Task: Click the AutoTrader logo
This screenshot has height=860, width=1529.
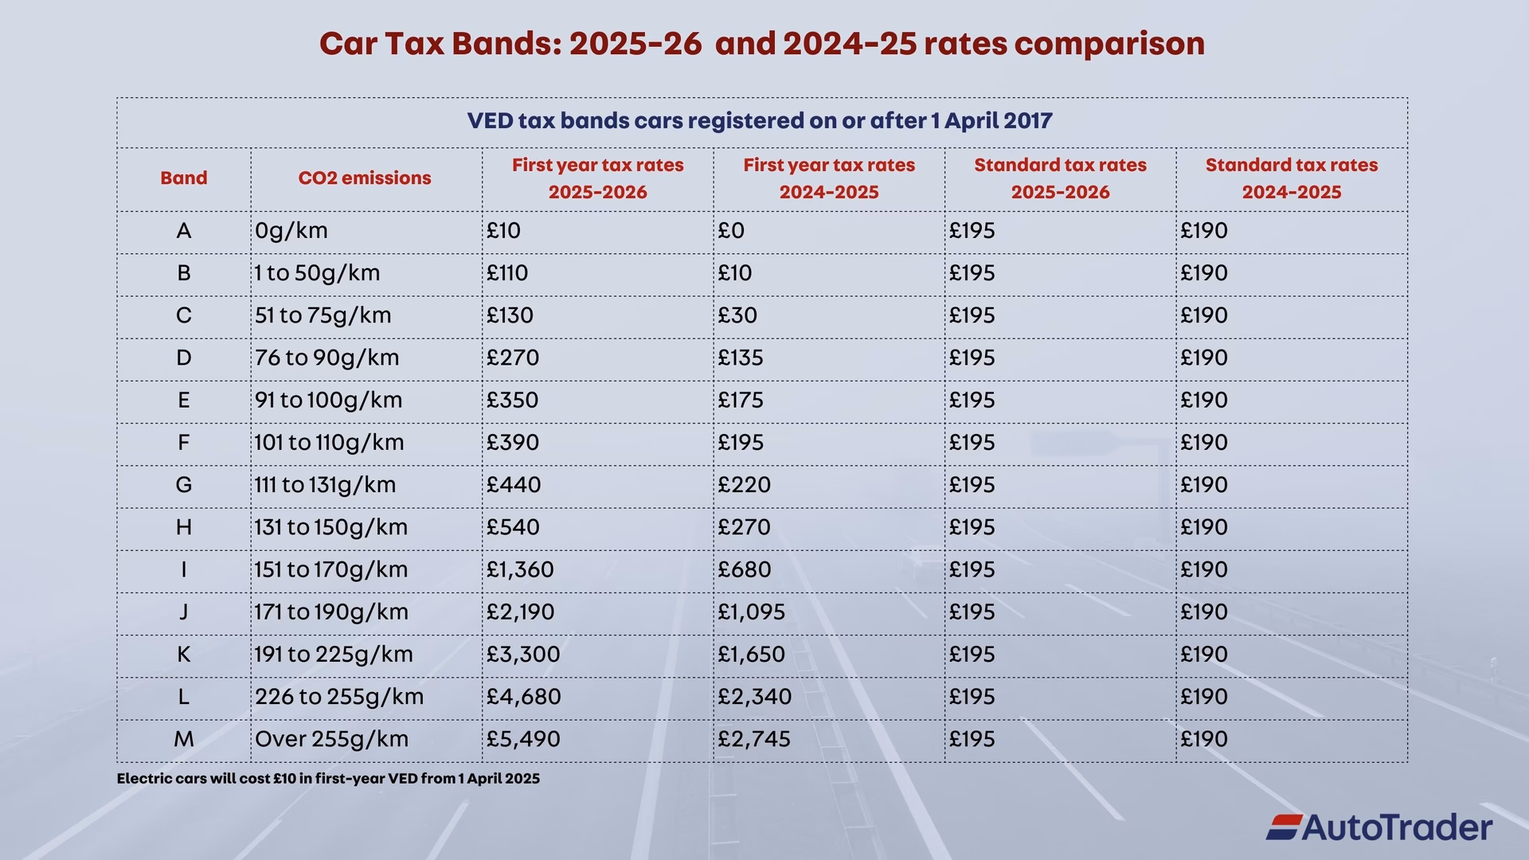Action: [x=1378, y=827]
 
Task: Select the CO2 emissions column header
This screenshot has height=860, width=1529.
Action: [x=365, y=178]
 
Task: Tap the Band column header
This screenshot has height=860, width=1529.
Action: [x=183, y=178]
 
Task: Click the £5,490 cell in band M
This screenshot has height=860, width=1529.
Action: [x=523, y=739]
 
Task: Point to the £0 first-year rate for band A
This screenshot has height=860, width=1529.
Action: [x=730, y=231]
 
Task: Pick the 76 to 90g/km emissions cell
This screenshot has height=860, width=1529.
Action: [x=327, y=358]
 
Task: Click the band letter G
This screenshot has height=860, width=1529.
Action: [x=183, y=485]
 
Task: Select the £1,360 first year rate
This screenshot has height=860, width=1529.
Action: [x=520, y=569]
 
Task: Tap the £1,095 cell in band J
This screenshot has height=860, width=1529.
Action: [x=751, y=612]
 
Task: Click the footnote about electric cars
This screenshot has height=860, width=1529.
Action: [x=328, y=779]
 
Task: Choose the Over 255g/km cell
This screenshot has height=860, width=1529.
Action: [x=331, y=739]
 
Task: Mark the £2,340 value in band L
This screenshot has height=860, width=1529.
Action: [x=754, y=697]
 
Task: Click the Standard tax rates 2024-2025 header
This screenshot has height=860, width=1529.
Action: [x=1291, y=178]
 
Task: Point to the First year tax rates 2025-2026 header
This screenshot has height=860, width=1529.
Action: [x=597, y=178]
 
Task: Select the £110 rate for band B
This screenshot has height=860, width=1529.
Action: [x=507, y=273]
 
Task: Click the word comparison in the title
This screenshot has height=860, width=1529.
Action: [x=1109, y=43]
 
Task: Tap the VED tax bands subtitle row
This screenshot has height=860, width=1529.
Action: [x=760, y=121]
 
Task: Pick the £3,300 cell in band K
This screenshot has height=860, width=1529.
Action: [x=523, y=655]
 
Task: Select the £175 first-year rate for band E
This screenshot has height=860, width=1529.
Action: [x=740, y=400]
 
